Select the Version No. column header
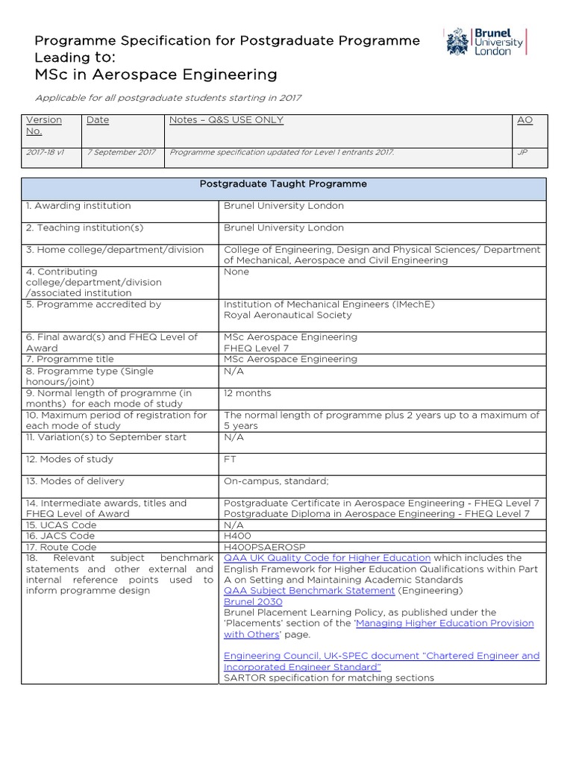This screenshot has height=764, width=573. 44,125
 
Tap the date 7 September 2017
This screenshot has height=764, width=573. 122,152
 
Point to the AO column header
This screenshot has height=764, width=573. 525,120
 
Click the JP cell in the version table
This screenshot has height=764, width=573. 522,152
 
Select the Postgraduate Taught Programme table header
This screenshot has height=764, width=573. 283,184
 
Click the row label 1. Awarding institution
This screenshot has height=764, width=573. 78,206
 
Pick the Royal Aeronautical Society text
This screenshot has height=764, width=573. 287,315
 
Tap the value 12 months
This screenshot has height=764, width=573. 248,393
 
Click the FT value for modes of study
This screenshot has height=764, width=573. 230,460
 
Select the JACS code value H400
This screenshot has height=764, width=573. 237,536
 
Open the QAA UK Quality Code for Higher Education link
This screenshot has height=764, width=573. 327,558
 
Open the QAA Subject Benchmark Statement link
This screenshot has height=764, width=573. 309,591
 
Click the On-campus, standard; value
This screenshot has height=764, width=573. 276,481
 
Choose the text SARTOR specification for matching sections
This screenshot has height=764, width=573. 328,678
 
